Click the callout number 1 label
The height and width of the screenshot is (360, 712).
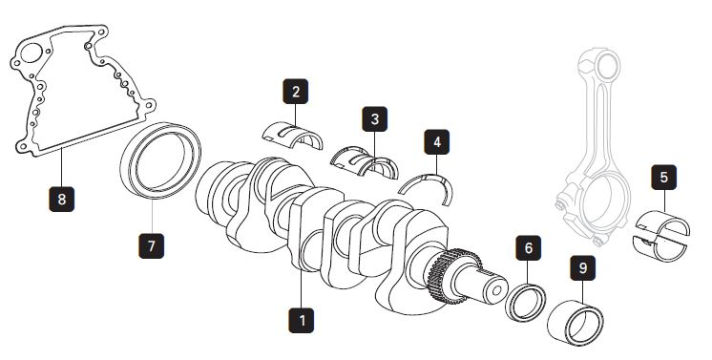pos(302,318)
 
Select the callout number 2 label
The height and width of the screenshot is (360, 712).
pos(296,92)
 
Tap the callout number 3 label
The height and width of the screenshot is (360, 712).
pos(375,119)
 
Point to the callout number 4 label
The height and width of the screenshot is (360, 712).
pos(437,143)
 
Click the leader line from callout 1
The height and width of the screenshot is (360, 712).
pos(302,282)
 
